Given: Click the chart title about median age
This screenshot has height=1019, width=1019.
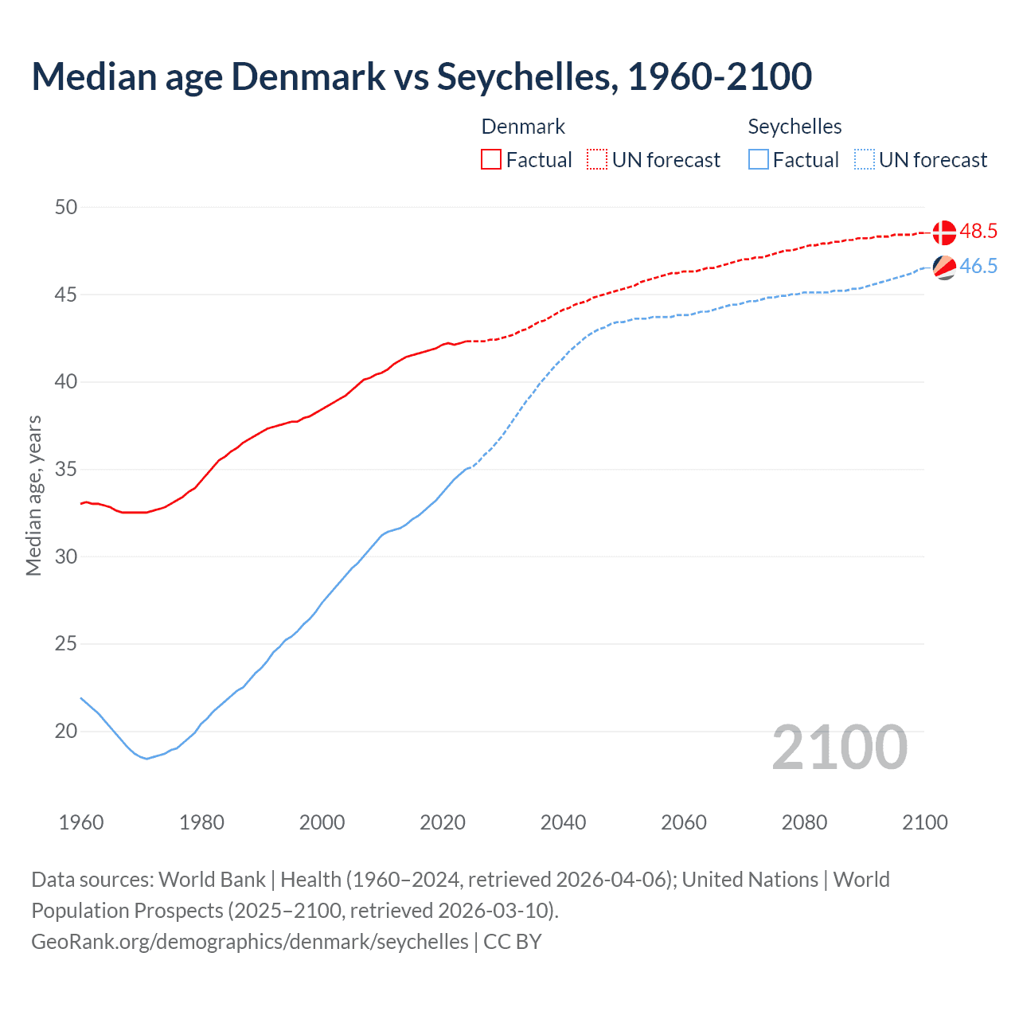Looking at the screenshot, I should tap(421, 76).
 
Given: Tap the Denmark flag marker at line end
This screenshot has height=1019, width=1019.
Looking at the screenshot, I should tap(944, 232).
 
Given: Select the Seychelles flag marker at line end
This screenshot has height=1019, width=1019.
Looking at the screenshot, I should tap(944, 267).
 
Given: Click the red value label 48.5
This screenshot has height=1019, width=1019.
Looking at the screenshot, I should tap(978, 232).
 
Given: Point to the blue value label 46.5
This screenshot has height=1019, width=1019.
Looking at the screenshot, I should tap(978, 267).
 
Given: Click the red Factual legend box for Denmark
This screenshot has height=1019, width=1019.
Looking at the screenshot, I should tap(491, 160).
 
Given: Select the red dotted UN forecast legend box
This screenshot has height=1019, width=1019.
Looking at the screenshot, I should tap(597, 160).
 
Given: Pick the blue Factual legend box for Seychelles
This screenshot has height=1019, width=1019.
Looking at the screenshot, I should tap(759, 160).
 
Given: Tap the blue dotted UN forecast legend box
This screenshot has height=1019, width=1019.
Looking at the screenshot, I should tap(864, 160).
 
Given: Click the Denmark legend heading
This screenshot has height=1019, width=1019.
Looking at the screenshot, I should tap(523, 127).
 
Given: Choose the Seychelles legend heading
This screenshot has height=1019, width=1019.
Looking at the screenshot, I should tap(795, 127).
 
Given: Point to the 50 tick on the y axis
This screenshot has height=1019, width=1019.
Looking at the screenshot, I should tap(66, 208).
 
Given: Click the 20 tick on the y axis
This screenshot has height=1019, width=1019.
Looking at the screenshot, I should tap(66, 731).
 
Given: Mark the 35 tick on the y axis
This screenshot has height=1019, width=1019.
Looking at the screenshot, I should tap(66, 470).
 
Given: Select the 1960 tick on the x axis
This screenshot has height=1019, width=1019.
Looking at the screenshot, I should tap(81, 822).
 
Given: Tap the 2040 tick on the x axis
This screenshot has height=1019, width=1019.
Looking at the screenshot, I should tap(563, 822).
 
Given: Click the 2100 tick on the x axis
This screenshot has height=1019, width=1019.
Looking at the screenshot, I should tap(924, 822).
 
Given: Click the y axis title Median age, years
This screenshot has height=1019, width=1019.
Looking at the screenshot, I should tap(33, 495).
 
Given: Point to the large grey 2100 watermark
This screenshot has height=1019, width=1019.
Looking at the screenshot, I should tap(839, 748).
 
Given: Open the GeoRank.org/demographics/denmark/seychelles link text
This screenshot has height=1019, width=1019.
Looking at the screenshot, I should tap(250, 942).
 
